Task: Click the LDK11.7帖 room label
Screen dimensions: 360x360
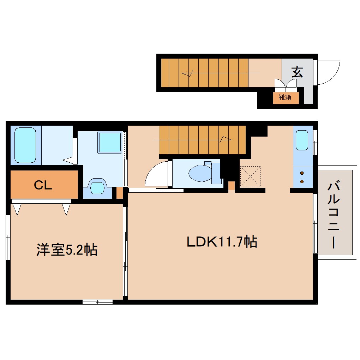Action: click(x=222, y=242)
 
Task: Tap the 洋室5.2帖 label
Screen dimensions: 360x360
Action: click(x=67, y=250)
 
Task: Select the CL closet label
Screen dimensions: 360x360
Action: click(x=43, y=185)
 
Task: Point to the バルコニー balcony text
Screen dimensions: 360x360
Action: click(x=334, y=215)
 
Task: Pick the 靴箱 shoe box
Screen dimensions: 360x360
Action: click(x=286, y=98)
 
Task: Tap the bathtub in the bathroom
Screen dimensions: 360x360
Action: click(x=25, y=145)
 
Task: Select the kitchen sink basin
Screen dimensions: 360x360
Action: click(x=302, y=140)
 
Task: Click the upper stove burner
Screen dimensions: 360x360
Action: click(x=302, y=173)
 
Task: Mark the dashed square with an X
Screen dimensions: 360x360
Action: click(x=250, y=176)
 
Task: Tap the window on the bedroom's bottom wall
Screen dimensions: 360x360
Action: click(x=98, y=302)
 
